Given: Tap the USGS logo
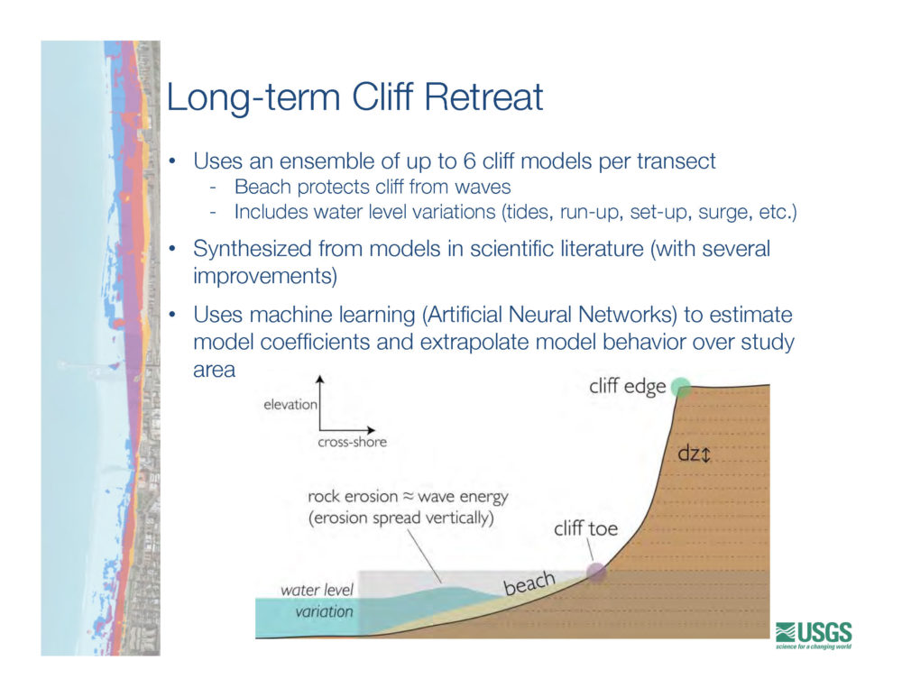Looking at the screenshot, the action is point(814,635).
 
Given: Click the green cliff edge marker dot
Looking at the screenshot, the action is point(680,387).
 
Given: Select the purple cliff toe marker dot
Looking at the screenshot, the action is point(596,572).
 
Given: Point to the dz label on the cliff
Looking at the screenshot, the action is point(694,454).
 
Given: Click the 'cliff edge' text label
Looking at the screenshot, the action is point(627,387).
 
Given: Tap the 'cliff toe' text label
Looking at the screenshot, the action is point(585,528).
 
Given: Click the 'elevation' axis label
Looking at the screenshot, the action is point(290,404).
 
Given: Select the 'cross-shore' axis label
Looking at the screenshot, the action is point(352,442).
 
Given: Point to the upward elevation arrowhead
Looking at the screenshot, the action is point(320,379).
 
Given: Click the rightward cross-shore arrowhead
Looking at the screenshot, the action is point(372,429).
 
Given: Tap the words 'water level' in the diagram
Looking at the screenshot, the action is point(317,590).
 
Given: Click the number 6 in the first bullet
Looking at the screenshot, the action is point(469,161).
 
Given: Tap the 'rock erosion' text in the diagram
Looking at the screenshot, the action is point(353,496).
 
